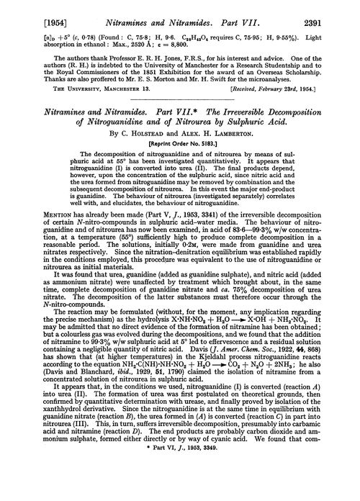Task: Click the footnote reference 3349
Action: click(x=204, y=492)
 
